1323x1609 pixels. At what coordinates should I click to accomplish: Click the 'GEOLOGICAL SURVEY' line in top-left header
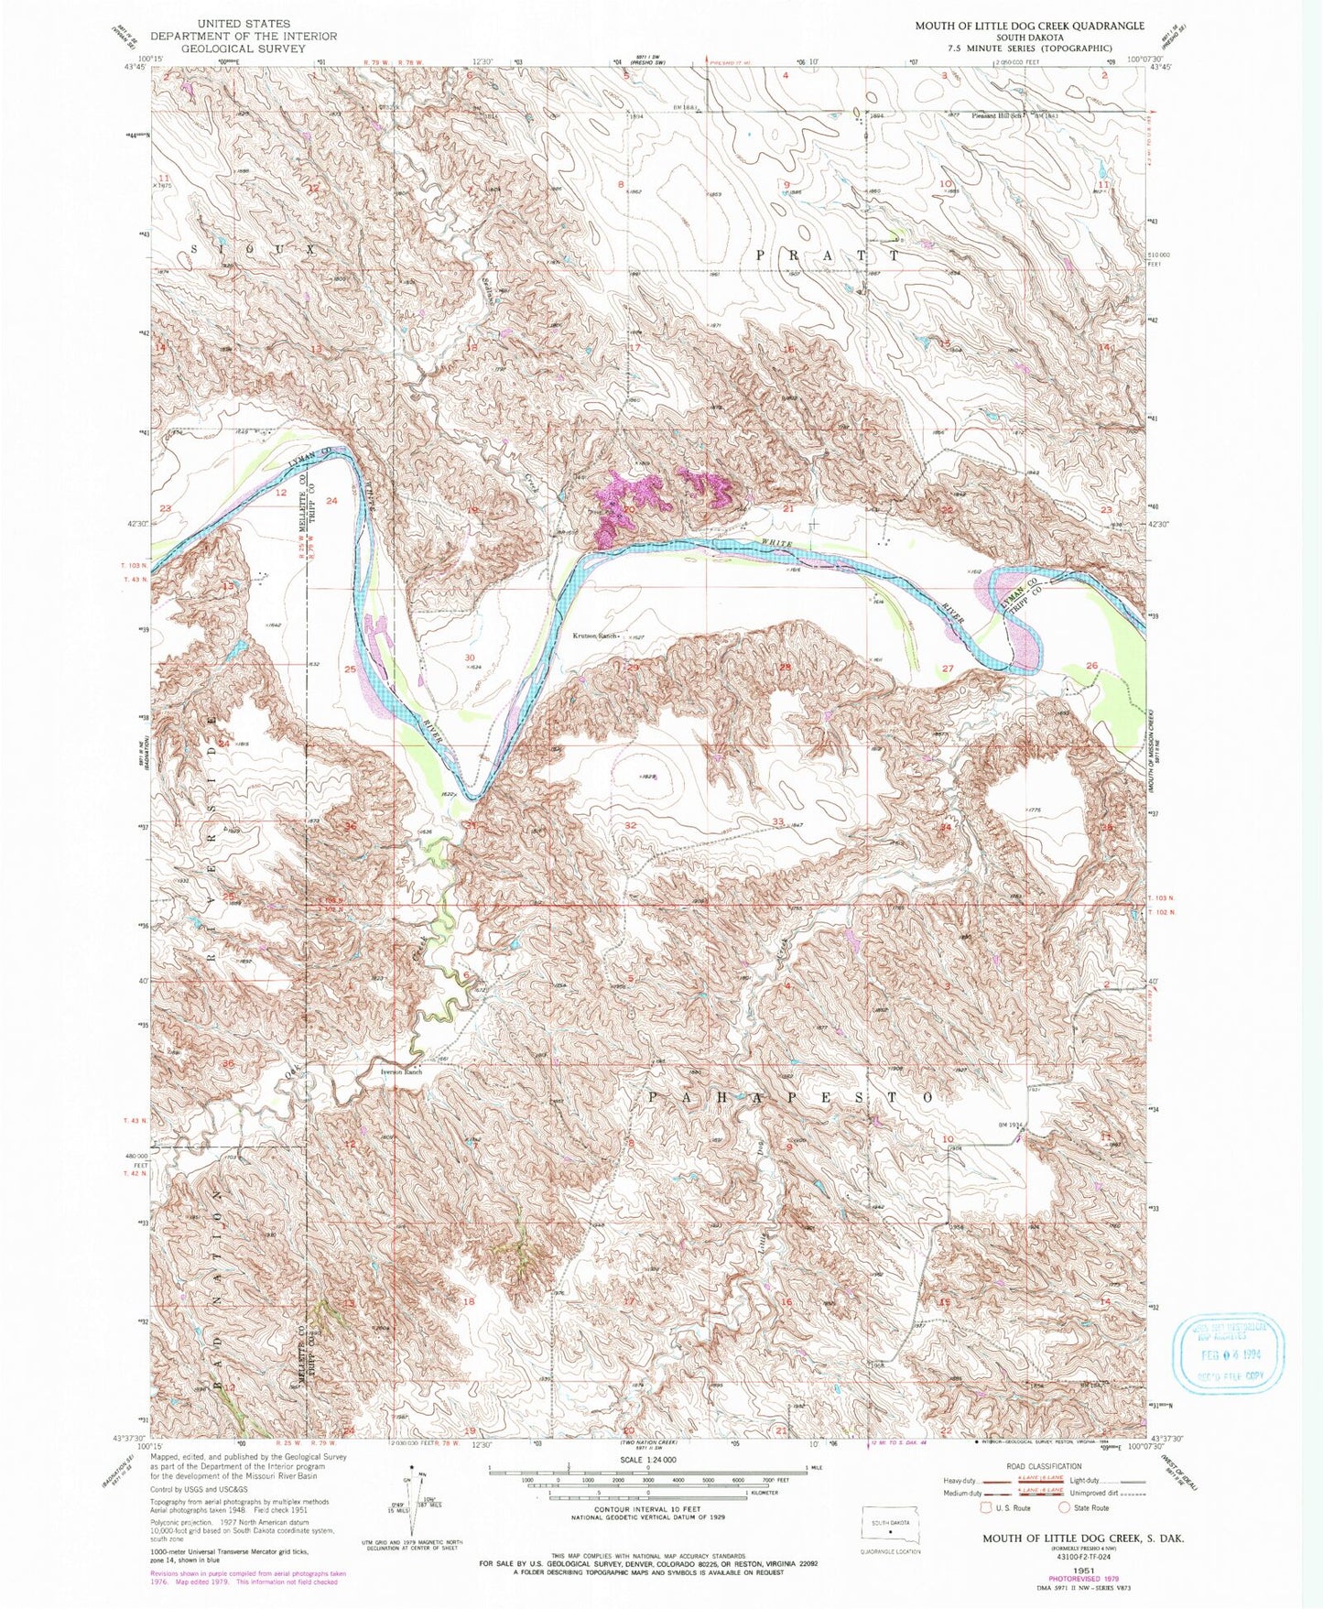pos(243,49)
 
